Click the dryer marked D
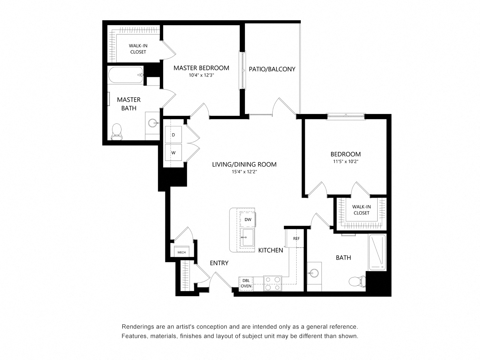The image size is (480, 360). (173, 134)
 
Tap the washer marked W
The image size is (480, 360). (173, 152)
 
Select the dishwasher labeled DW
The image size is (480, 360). (247, 219)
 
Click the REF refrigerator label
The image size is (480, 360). (296, 238)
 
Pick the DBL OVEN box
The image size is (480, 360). (246, 283)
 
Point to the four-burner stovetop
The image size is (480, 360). (273, 283)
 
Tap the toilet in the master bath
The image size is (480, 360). (117, 132)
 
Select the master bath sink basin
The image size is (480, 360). (152, 123)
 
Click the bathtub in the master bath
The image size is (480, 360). (126, 75)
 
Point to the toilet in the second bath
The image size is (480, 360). (357, 281)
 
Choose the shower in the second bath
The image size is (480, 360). (377, 252)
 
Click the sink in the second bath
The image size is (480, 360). (314, 273)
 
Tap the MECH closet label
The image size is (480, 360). (181, 252)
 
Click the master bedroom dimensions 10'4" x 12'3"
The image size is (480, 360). (201, 75)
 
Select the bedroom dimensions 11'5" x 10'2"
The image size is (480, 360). (345, 162)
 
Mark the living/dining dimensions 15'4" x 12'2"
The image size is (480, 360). (244, 172)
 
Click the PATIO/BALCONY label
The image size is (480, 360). (272, 69)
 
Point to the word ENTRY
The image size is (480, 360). (219, 263)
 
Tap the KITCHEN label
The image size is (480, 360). (270, 250)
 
